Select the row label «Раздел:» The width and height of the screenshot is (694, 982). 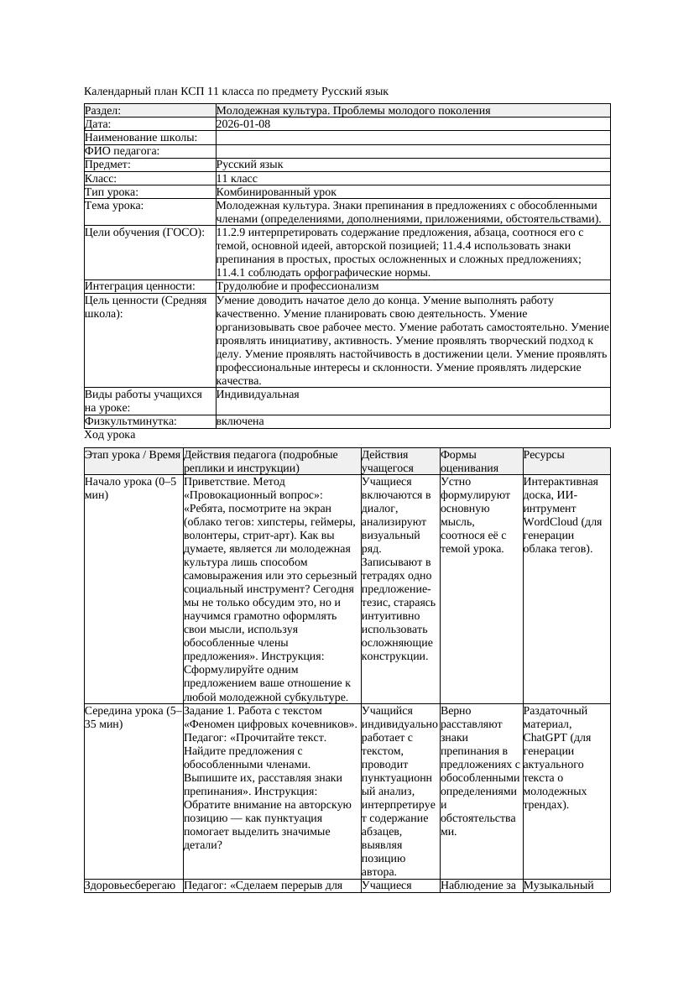103,111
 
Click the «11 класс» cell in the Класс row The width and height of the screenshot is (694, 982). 237,179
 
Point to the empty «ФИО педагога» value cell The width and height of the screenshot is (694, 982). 411,151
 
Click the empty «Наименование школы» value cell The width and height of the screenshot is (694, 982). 411,138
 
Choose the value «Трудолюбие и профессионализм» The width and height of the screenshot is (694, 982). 297,286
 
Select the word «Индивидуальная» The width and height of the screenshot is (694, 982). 258,394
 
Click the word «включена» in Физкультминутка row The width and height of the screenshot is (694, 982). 240,421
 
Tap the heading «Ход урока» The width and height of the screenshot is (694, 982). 110,435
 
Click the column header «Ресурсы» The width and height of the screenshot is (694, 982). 544,455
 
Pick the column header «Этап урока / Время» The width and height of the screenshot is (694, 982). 133,455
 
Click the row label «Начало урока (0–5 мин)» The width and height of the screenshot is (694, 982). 131,488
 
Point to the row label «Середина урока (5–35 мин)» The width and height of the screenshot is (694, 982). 133,718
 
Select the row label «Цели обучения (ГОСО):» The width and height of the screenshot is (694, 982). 144,232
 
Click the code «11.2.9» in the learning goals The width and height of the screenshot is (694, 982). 232,232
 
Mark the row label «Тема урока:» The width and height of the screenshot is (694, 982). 114,206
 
